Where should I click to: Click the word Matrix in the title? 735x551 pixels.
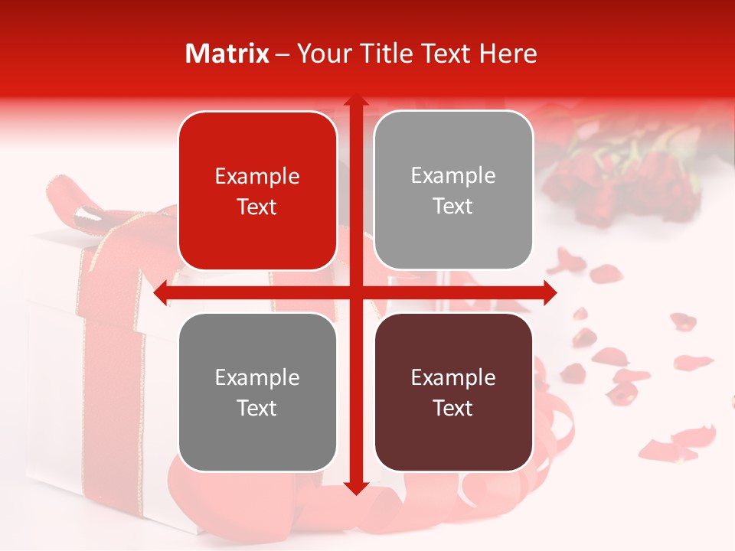(x=227, y=54)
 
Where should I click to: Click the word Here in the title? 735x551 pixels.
(x=508, y=54)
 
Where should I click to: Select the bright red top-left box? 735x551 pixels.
(x=257, y=191)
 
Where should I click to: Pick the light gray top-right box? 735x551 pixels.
(x=453, y=191)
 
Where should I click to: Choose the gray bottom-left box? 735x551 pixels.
(x=257, y=392)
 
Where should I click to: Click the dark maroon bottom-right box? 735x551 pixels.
(x=453, y=392)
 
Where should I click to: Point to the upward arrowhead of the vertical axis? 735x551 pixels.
(x=355, y=101)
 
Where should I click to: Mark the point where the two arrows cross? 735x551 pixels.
(x=355, y=293)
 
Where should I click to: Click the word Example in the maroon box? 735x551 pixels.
(x=453, y=377)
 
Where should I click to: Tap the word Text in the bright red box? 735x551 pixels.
(x=257, y=207)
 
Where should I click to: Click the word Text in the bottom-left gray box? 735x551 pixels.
(x=257, y=408)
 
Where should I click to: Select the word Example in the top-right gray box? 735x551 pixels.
(x=453, y=176)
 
